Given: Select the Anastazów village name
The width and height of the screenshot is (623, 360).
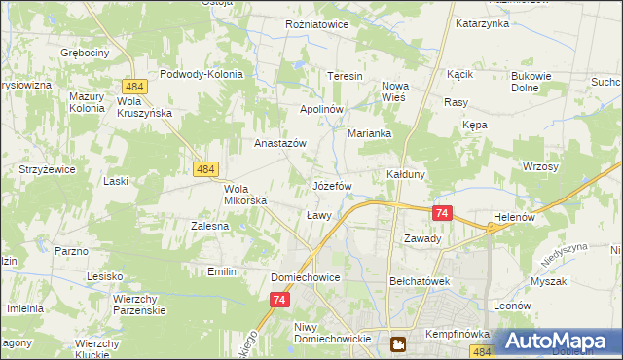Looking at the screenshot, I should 280,143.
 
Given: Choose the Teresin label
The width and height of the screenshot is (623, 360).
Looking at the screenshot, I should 345,76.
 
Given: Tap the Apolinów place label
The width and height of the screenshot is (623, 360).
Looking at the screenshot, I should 321,109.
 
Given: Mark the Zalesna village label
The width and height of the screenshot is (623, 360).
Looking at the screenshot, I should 209,226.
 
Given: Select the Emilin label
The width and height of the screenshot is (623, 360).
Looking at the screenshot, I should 222,271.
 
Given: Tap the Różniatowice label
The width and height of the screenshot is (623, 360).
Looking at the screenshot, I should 316,24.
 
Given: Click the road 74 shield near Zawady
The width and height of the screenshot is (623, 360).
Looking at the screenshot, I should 442,213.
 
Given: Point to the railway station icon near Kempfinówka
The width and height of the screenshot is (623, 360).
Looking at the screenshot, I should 398,343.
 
